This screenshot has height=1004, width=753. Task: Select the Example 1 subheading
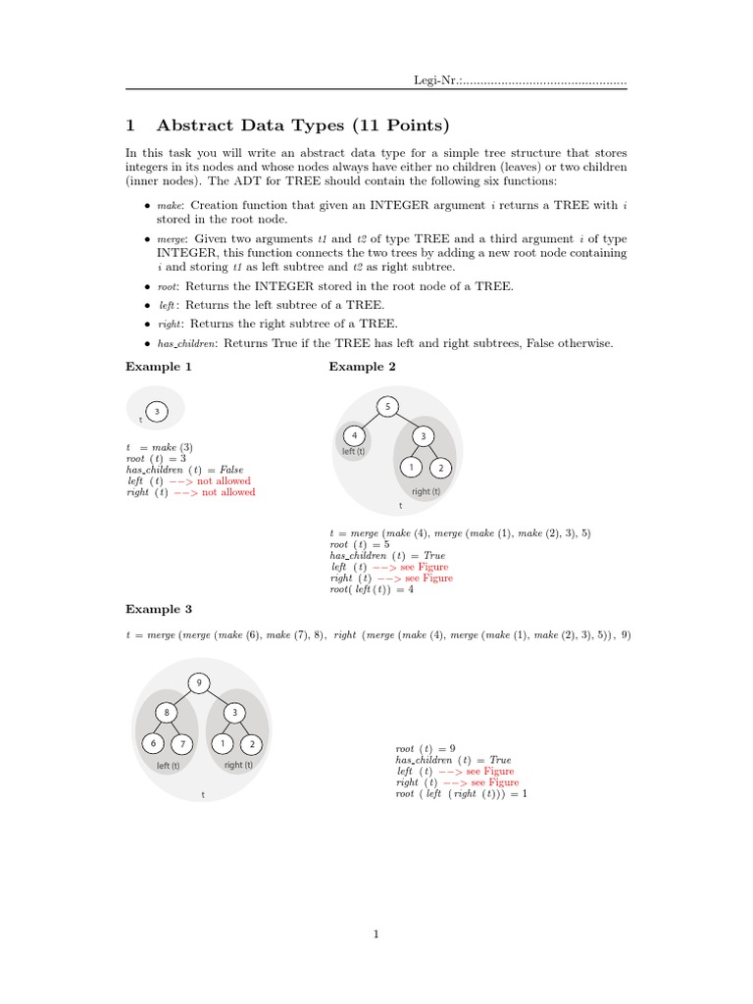click(158, 367)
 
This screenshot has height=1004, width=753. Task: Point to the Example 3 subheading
click(158, 609)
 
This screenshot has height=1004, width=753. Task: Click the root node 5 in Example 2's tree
click(387, 407)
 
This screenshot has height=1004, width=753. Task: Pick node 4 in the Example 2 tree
click(353, 435)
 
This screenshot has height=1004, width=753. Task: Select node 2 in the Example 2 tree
click(442, 467)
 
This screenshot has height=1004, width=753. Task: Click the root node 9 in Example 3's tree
click(199, 682)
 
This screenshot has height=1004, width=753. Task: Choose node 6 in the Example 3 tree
click(153, 744)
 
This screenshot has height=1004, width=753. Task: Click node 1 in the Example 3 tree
click(223, 744)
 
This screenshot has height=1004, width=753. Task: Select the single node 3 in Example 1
click(157, 412)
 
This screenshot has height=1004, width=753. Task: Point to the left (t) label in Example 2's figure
click(353, 452)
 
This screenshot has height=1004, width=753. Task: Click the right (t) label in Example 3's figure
click(238, 765)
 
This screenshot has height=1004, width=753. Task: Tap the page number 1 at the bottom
click(376, 934)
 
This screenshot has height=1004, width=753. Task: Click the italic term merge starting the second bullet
click(172, 239)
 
